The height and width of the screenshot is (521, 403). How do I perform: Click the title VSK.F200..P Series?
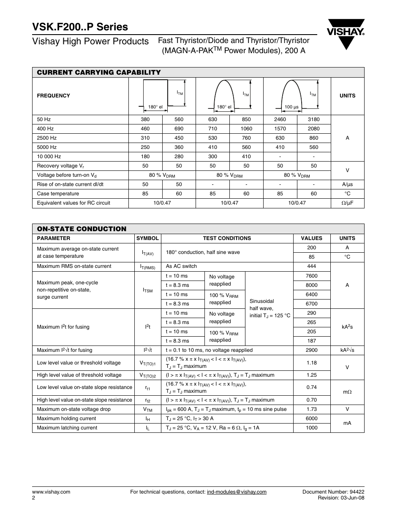tap(80, 27)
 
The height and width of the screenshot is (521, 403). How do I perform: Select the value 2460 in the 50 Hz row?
tap(280, 119)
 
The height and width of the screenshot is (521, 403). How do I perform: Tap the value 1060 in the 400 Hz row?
tap(246, 129)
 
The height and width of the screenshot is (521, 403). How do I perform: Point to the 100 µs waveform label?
tap(291, 107)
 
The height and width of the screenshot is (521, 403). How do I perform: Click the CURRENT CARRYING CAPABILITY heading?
tap(99, 73)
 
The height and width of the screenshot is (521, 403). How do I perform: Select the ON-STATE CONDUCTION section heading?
tap(82, 229)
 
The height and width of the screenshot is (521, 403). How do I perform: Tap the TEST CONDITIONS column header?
tap(227, 238)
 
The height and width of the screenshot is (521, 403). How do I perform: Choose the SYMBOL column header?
tap(147, 238)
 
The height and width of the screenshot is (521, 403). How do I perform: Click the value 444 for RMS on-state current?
tap(311, 266)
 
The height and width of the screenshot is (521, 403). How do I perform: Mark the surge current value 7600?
tap(311, 276)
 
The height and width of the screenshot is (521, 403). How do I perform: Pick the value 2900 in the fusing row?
tap(311, 350)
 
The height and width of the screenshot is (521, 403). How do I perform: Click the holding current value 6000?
tap(311, 418)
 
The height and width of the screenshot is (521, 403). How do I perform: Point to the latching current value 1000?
tap(311, 428)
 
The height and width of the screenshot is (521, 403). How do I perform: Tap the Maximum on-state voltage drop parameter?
tap(74, 409)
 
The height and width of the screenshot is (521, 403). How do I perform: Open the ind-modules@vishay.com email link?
tap(237, 492)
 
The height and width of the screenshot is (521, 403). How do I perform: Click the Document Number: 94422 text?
tap(333, 492)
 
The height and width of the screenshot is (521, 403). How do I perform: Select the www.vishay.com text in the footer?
tap(51, 492)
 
